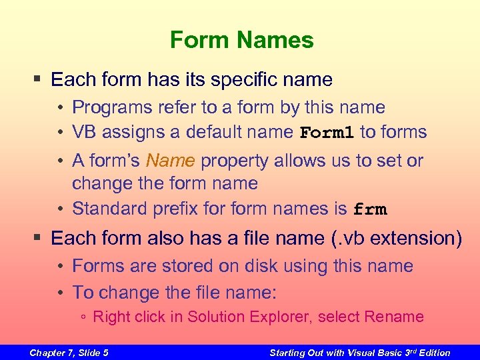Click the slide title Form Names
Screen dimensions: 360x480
[241, 40]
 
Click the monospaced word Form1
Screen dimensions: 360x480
[327, 133]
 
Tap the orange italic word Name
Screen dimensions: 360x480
[171, 161]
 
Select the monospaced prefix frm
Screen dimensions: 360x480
[369, 209]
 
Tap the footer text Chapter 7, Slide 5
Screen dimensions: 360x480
[69, 353]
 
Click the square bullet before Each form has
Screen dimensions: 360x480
[38, 80]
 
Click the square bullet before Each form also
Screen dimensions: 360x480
[38, 238]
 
